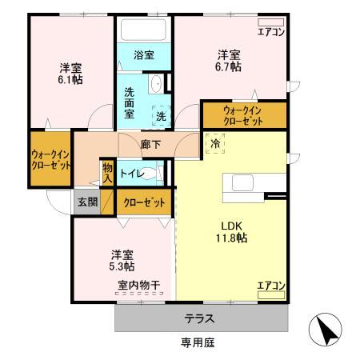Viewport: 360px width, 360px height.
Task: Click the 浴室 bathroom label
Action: [144, 55]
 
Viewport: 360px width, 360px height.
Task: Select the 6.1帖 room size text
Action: [71, 79]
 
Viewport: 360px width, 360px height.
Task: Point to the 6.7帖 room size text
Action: [230, 67]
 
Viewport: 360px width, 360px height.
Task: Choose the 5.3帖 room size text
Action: [122, 266]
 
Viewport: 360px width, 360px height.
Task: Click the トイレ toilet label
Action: [131, 174]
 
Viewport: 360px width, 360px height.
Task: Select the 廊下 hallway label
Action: [150, 146]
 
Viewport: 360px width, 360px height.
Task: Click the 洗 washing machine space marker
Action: [161, 116]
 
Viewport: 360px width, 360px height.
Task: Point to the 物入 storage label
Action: [107, 173]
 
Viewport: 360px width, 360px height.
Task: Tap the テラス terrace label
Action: [199, 318]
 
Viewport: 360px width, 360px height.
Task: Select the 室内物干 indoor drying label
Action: [139, 285]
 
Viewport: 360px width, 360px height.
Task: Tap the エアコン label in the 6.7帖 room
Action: [270, 32]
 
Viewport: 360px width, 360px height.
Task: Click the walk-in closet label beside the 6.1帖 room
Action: [50, 158]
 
